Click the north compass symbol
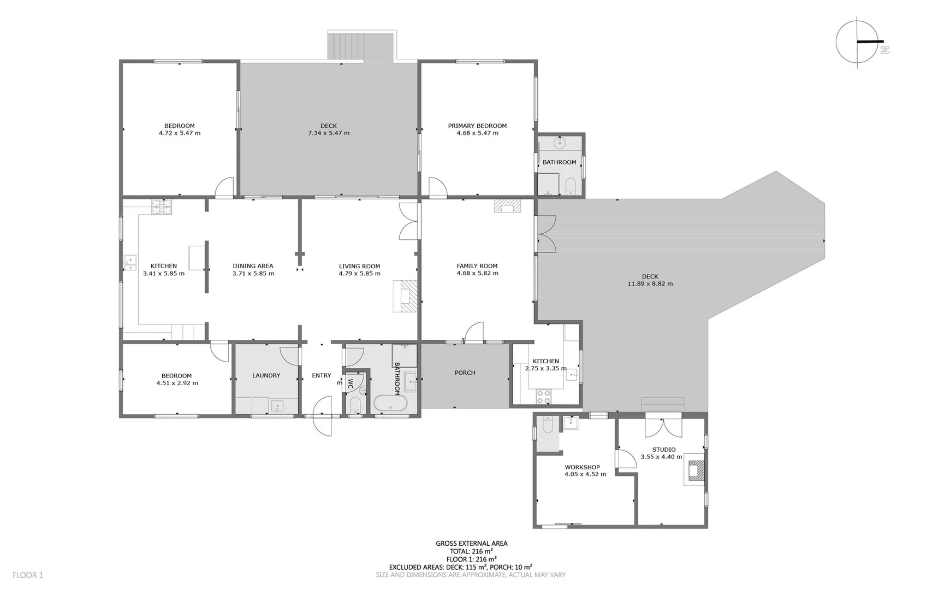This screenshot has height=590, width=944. (858, 42)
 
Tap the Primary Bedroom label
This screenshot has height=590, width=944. (477, 126)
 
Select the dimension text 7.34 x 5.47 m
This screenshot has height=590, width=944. (329, 133)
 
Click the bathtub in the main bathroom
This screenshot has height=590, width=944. (390, 403)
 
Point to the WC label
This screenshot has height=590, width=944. (351, 384)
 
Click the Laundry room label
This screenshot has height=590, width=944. (266, 375)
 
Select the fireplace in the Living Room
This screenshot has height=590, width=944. (405, 296)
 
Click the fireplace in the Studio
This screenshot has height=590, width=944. (694, 470)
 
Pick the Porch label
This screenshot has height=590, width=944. (465, 373)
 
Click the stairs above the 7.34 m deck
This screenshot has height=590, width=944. (346, 46)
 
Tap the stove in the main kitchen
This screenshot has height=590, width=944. (162, 207)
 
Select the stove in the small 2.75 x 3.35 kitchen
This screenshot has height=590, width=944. (543, 397)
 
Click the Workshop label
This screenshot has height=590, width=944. (582, 467)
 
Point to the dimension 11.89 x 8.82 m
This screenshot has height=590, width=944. (650, 284)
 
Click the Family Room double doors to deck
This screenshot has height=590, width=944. (545, 234)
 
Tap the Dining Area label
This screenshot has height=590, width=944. (253, 266)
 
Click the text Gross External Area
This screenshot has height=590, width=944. (471, 543)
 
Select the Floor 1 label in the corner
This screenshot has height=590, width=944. (28, 575)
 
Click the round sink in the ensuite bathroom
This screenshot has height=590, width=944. (559, 144)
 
